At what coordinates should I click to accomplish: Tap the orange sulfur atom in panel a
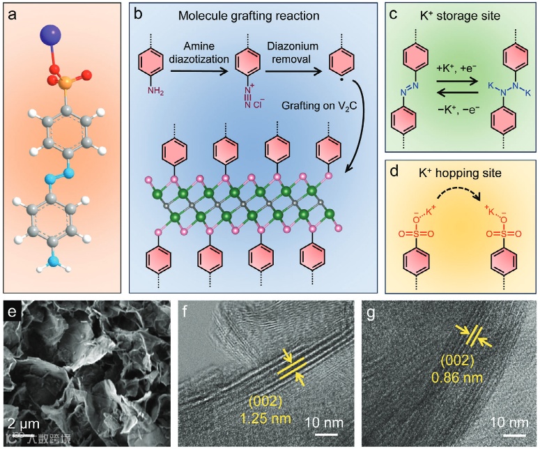tap(63, 85)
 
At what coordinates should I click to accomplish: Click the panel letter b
tap(138, 13)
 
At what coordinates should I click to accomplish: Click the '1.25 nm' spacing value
tap(268, 420)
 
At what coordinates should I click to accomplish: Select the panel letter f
tap(187, 311)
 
